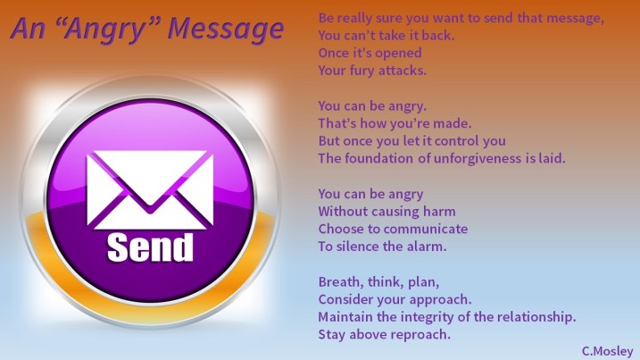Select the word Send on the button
tap(149, 247)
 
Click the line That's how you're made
tap(381, 123)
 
